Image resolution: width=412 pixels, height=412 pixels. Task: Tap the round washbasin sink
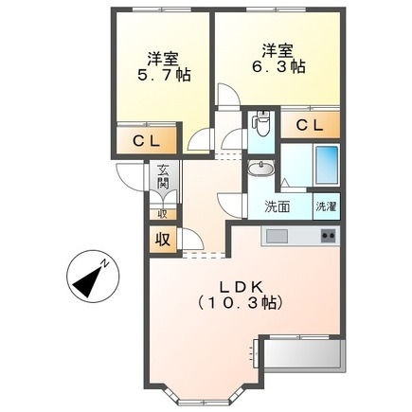(x=260, y=170)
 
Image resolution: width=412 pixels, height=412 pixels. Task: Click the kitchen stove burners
(x=329, y=235)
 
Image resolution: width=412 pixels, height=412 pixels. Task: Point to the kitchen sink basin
(x=278, y=235)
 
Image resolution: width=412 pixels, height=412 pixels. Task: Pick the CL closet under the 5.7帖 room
(x=145, y=143)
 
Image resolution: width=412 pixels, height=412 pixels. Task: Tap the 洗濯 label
(x=325, y=206)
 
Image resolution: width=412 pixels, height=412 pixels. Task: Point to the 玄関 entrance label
(x=163, y=176)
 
